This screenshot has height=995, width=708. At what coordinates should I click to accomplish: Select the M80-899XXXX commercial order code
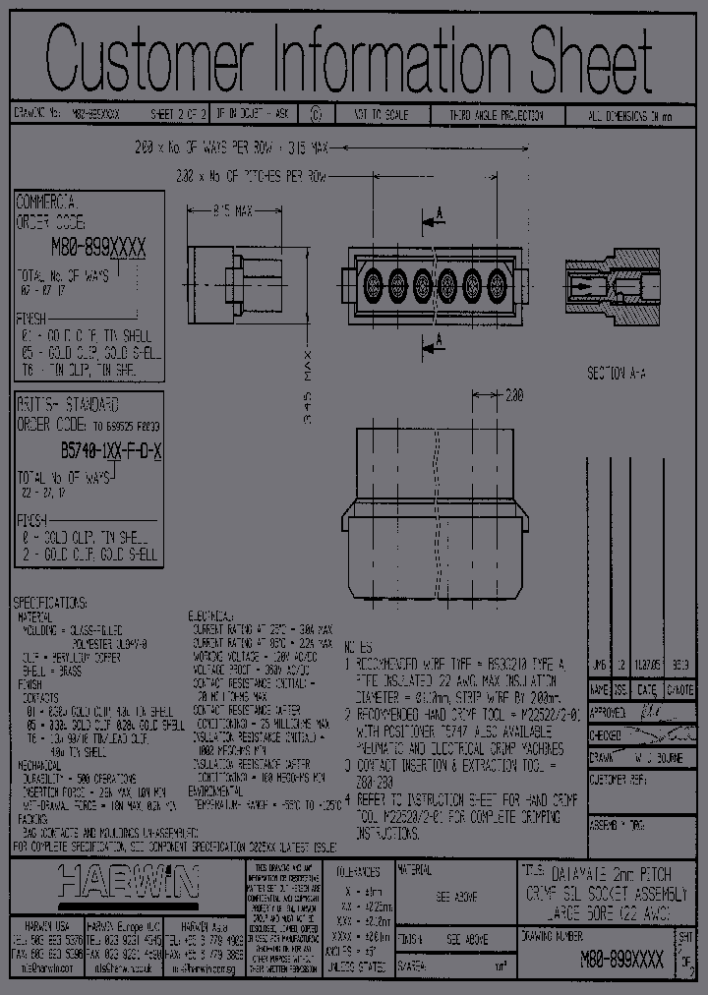pos(99,251)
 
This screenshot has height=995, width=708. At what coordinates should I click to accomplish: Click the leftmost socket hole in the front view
pos(374,286)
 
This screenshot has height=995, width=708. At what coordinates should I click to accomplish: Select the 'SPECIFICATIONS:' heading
pos(50,602)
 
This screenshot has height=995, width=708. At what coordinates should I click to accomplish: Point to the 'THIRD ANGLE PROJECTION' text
pos(498,116)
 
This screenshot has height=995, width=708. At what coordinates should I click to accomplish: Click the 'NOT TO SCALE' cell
pos(384,116)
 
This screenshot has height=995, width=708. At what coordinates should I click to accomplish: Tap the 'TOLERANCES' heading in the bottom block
pos(357,871)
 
